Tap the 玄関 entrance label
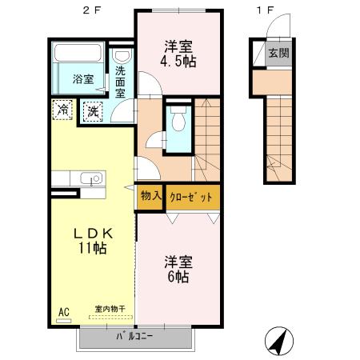click(x=278, y=54)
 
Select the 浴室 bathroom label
click(x=83, y=79)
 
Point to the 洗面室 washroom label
click(x=121, y=82)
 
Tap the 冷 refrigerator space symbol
click(x=62, y=109)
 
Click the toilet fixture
click(x=178, y=121)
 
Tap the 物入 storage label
click(x=150, y=194)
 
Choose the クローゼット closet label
click(x=190, y=194)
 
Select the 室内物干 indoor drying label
click(x=110, y=309)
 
